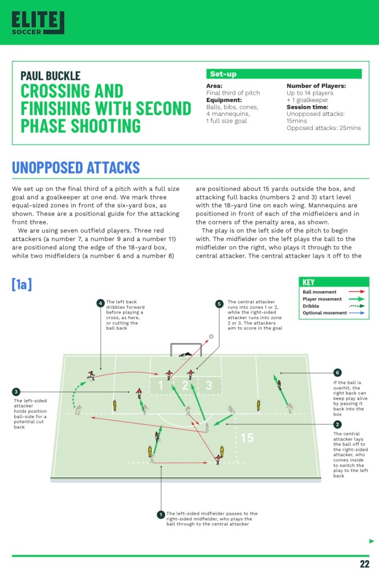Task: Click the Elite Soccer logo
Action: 38,22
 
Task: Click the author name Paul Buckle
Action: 50,76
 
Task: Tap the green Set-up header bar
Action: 283,74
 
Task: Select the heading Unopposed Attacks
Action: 76,168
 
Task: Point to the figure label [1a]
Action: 22,284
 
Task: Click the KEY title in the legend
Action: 308,282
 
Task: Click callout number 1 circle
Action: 161,515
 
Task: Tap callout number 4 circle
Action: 100,303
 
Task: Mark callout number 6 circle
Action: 337,372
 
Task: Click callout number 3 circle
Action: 16,392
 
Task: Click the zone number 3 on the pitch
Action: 209,386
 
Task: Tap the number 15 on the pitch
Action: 247,438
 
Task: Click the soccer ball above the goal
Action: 211,336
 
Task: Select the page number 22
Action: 365,564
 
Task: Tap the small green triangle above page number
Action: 372,541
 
